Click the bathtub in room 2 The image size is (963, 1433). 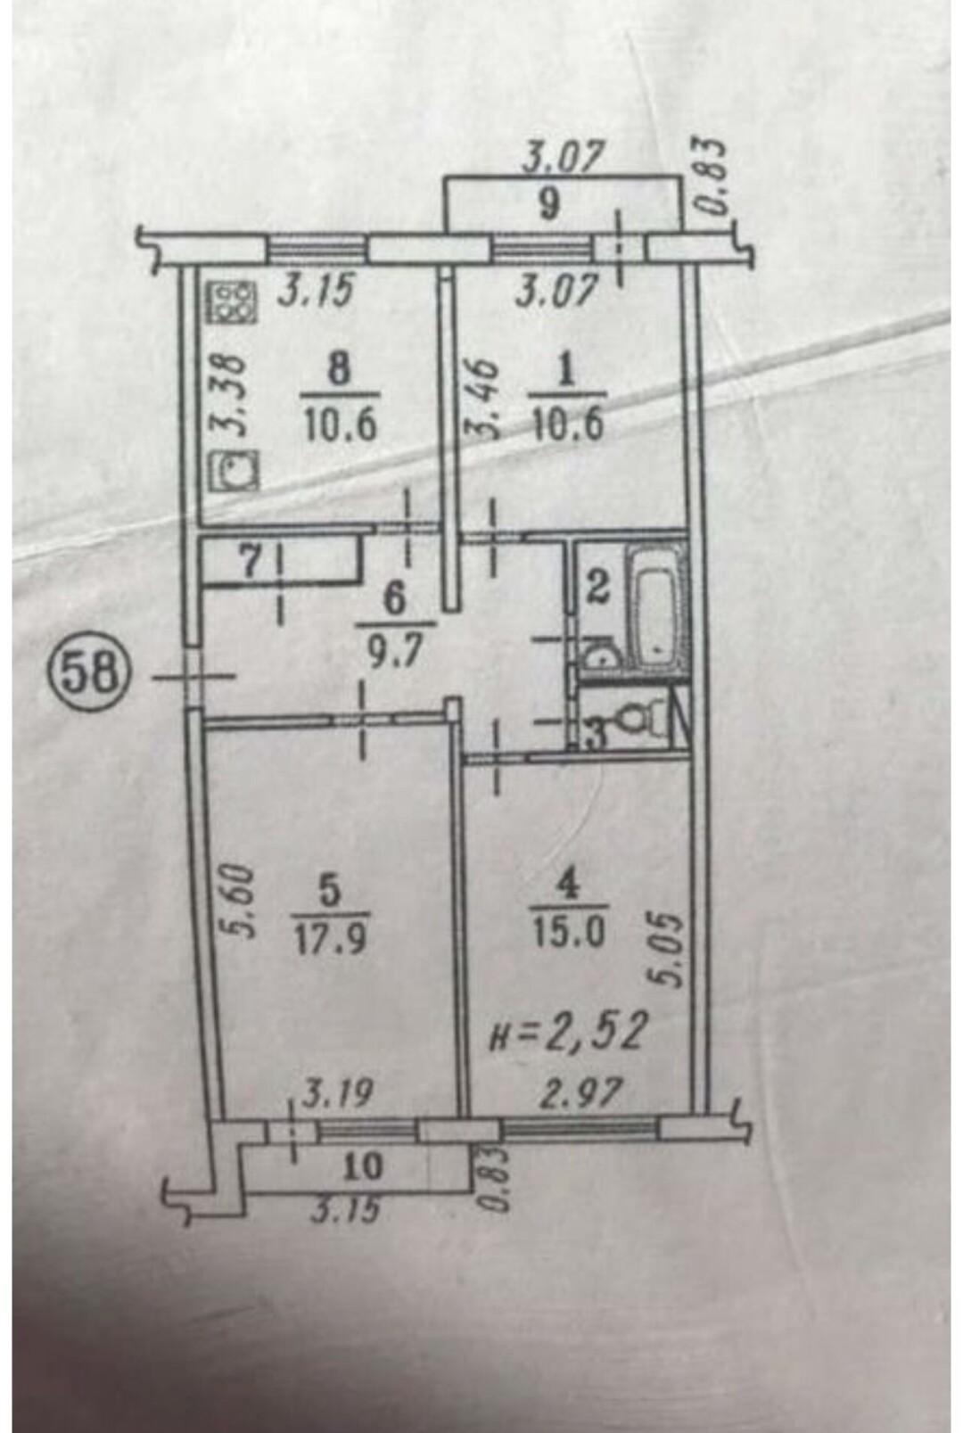tap(656, 608)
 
